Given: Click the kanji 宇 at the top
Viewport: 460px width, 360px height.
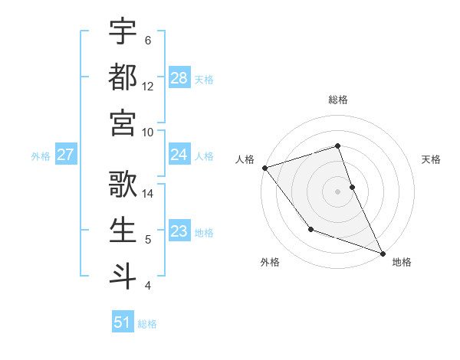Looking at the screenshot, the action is point(123,33).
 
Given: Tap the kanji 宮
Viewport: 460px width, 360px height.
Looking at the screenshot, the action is point(123,122).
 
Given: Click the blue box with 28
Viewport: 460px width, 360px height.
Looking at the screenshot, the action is point(179,78).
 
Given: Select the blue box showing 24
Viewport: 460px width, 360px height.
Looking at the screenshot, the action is point(179,155).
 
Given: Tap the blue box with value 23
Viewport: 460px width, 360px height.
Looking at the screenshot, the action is point(179,232).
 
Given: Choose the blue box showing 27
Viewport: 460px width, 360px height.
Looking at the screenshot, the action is point(65,155).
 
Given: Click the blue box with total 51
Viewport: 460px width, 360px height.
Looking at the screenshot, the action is point(123,323).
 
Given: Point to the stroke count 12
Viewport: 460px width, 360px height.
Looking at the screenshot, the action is point(148,86).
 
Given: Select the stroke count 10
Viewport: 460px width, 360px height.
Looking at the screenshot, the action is point(148,132).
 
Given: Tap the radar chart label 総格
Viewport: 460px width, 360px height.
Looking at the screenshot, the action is point(337,100).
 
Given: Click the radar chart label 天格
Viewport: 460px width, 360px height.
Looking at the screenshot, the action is point(432,159).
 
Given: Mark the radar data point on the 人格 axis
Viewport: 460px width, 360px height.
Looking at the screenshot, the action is point(264,167).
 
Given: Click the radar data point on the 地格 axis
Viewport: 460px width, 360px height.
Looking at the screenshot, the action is point(383,253).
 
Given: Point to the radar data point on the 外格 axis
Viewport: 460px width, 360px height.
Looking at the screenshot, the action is point(310,229).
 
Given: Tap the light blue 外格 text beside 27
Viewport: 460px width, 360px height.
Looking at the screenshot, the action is point(41,156).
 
